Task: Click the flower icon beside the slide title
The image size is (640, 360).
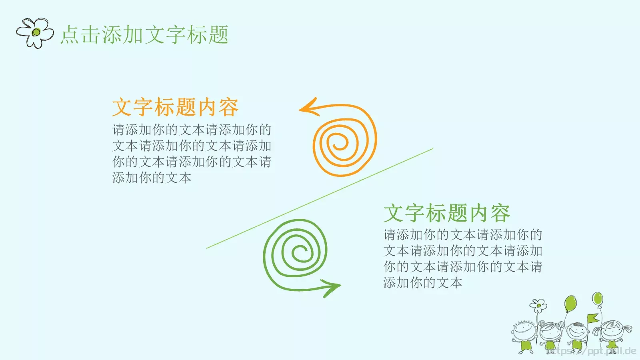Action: click(35, 33)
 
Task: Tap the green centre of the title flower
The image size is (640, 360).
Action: click(36, 32)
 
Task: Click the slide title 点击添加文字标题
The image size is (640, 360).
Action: click(144, 34)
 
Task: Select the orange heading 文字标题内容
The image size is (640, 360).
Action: click(175, 107)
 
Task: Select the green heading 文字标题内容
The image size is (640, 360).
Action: click(446, 213)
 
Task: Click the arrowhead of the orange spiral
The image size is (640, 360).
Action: click(308, 108)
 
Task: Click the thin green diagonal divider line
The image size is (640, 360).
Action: click(320, 198)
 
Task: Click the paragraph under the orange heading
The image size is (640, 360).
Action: click(192, 154)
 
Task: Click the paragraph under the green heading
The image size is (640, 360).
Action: click(462, 258)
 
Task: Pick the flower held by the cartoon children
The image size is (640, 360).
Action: click(538, 306)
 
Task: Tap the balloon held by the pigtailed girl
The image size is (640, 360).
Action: click(597, 298)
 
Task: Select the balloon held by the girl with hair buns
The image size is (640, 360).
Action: click(570, 304)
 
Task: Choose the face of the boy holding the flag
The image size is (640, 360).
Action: click(578, 332)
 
